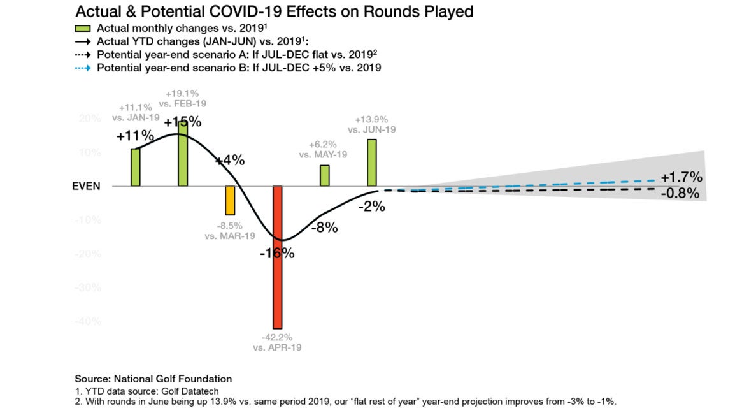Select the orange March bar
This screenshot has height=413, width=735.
[x=230, y=200]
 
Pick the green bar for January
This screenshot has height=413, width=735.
[x=135, y=167]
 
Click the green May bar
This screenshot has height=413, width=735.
[x=324, y=175]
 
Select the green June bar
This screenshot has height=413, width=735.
[x=371, y=163]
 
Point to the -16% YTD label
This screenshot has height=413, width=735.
[x=277, y=253]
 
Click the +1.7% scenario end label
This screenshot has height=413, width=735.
[x=681, y=177]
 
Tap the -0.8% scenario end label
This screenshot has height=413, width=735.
[x=681, y=193]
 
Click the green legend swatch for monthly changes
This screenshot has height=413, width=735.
[x=83, y=28]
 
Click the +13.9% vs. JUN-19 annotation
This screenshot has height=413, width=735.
[x=372, y=124]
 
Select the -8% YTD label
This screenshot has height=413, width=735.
[x=324, y=228]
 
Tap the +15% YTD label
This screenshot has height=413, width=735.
[x=182, y=122]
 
